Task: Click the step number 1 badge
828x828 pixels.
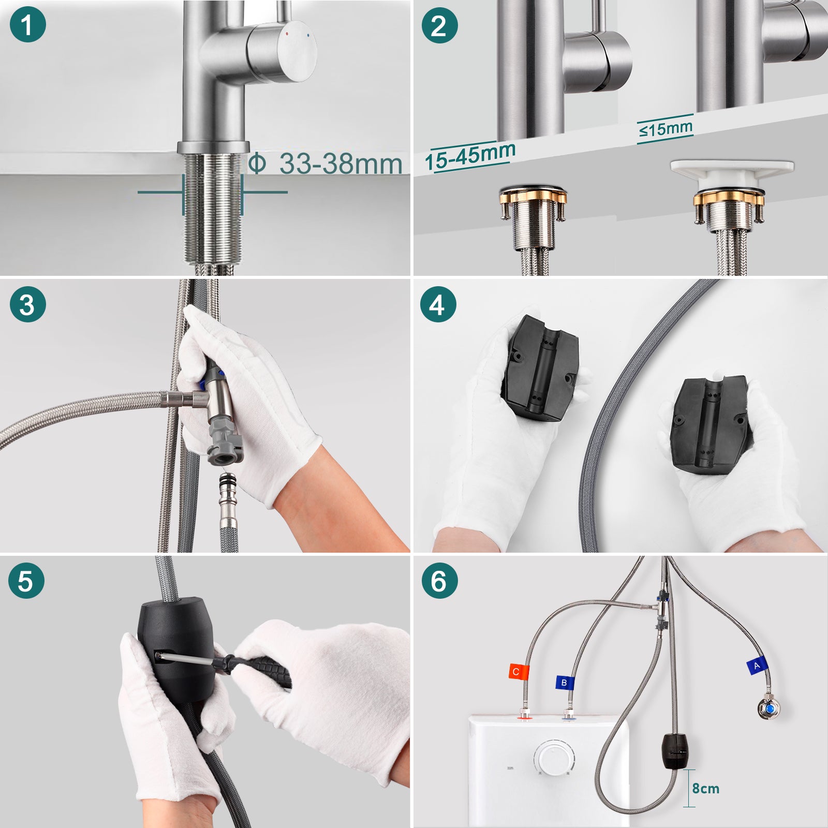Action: click(x=27, y=24)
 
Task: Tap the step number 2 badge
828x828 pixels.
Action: click(x=439, y=25)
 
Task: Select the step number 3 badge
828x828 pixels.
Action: click(x=27, y=304)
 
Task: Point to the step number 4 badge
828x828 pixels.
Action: click(x=438, y=304)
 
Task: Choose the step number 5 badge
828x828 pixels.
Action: click(x=26, y=581)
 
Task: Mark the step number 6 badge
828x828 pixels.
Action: click(x=439, y=581)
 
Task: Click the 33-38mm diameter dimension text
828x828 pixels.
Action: click(x=326, y=164)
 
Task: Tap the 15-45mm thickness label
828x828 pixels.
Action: click(x=470, y=156)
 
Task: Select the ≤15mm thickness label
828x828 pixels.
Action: click(x=666, y=128)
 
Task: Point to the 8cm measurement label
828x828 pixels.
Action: click(x=706, y=788)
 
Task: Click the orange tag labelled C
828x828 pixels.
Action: click(x=518, y=672)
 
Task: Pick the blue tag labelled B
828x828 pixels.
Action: click(x=565, y=683)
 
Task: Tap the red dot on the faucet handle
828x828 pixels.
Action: click(x=287, y=33)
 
